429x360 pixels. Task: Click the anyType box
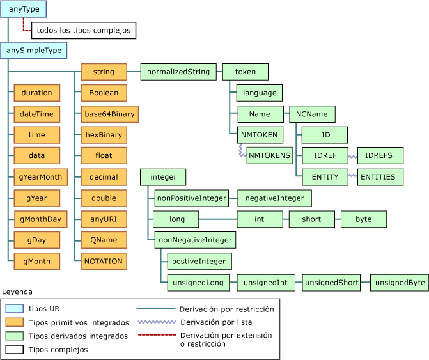click(24, 9)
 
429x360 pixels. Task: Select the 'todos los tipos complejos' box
click(83, 30)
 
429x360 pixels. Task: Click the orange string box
click(104, 72)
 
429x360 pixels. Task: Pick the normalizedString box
click(178, 72)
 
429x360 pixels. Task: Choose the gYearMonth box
click(37, 177)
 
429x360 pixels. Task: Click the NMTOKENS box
click(269, 155)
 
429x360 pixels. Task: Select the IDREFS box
click(380, 155)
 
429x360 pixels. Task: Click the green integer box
click(163, 176)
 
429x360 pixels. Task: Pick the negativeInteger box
click(274, 198)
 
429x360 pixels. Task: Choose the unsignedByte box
click(399, 282)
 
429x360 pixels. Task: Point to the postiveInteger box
click(199, 261)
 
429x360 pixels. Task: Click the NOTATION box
click(104, 261)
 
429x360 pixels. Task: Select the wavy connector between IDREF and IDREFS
click(352, 155)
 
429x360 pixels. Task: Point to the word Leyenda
click(17, 292)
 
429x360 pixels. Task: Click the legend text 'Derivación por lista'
click(216, 322)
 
